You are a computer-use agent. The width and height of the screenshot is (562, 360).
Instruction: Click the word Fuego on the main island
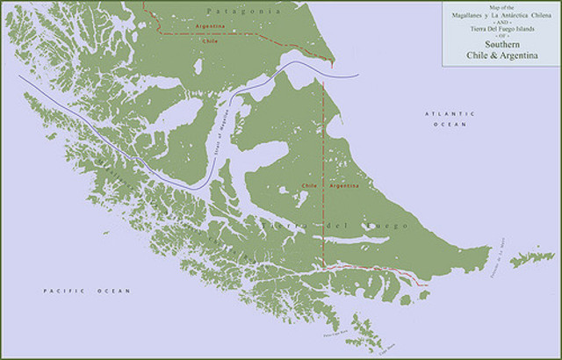[x=387, y=227]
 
